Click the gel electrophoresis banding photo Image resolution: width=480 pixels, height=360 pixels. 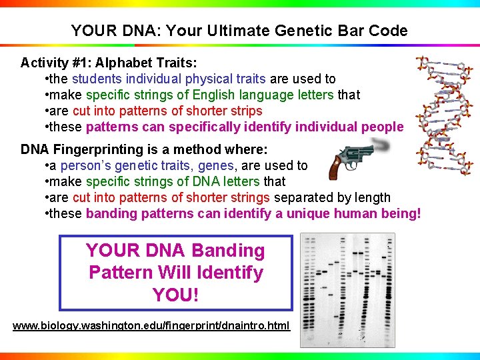click(347, 290)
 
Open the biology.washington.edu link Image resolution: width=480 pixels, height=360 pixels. click(151, 325)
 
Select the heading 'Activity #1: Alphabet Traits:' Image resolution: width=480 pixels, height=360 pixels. click(109, 63)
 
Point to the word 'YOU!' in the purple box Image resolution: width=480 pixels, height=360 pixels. click(175, 294)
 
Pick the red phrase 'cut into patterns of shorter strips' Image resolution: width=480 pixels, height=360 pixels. click(167, 111)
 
